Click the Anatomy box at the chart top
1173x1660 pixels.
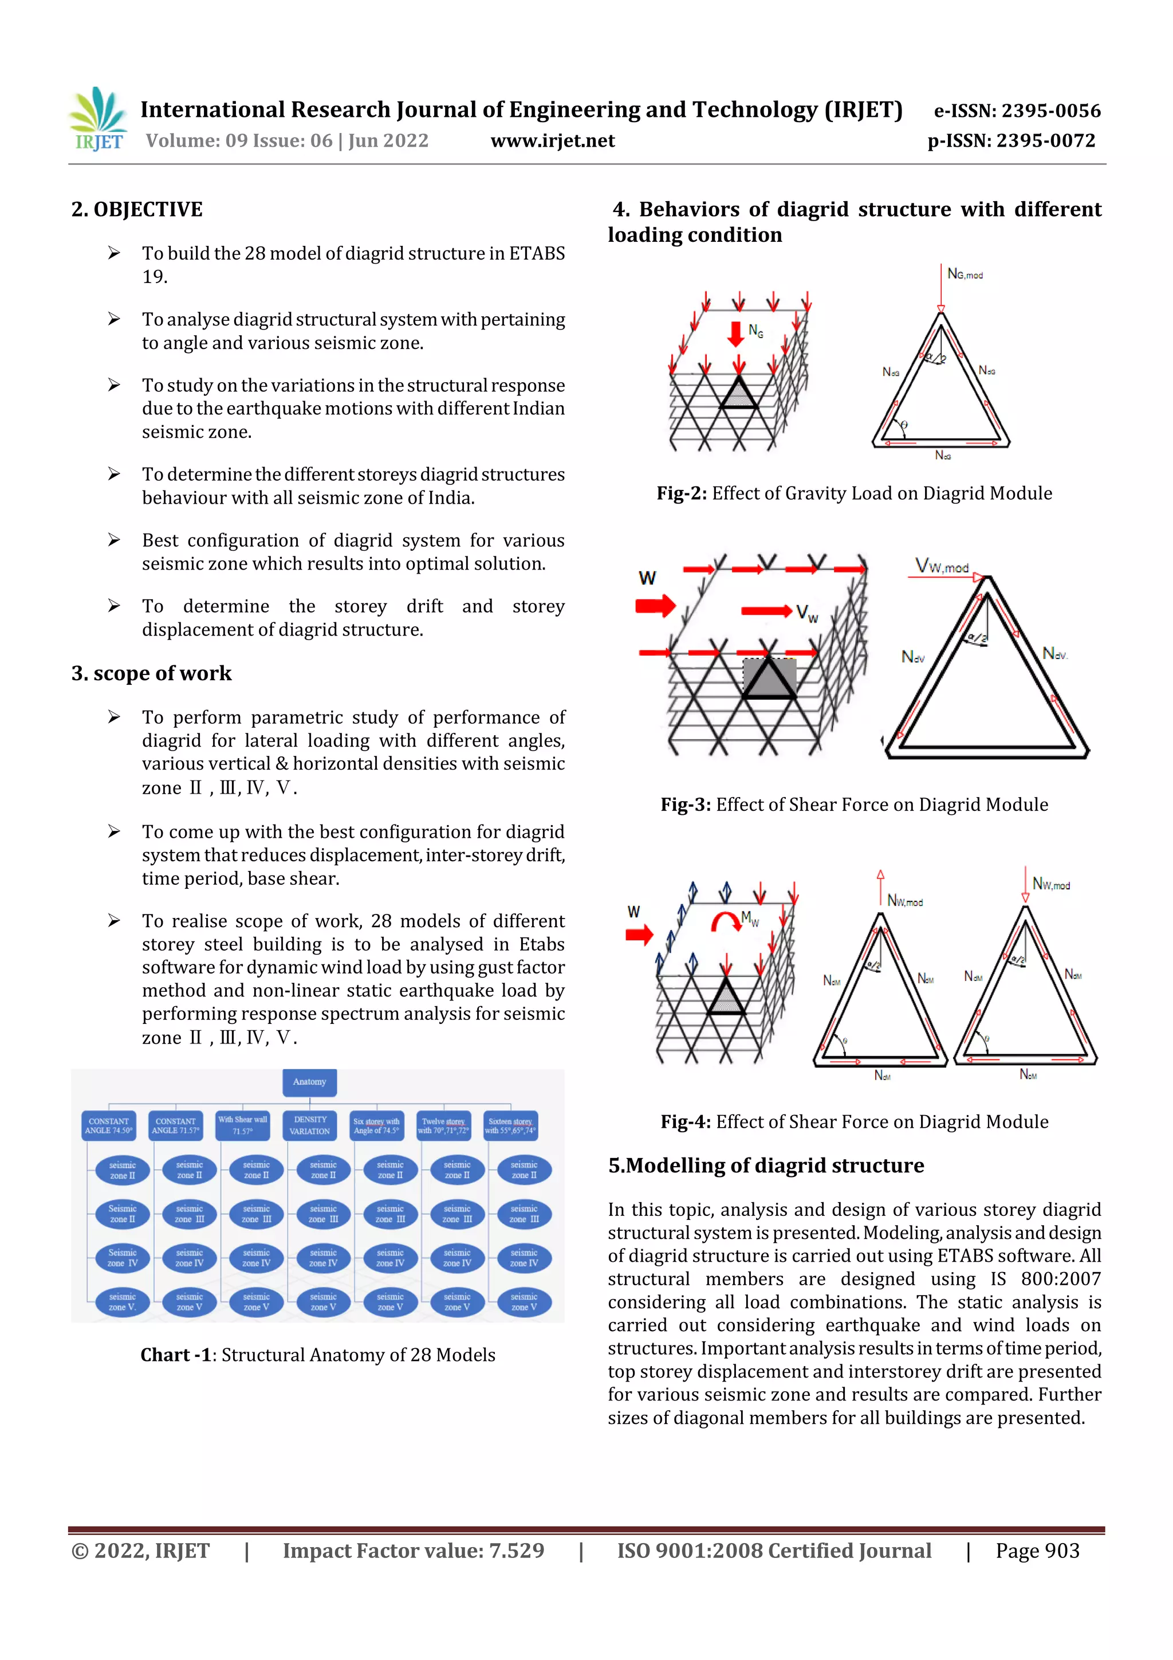(309, 1082)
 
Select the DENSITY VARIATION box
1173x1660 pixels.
(310, 1125)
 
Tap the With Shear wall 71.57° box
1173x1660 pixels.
(243, 1125)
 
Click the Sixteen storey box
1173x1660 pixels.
(510, 1125)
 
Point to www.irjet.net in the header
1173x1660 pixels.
(552, 140)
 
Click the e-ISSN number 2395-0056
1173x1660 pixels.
(1050, 111)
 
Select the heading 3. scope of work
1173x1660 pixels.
(151, 673)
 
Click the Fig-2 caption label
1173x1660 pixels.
(680, 493)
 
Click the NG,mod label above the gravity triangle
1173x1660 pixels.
(965, 274)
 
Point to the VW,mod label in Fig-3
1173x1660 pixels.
(941, 566)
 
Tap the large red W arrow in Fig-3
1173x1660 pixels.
(655, 605)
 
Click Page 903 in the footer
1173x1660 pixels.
(1037, 1550)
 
